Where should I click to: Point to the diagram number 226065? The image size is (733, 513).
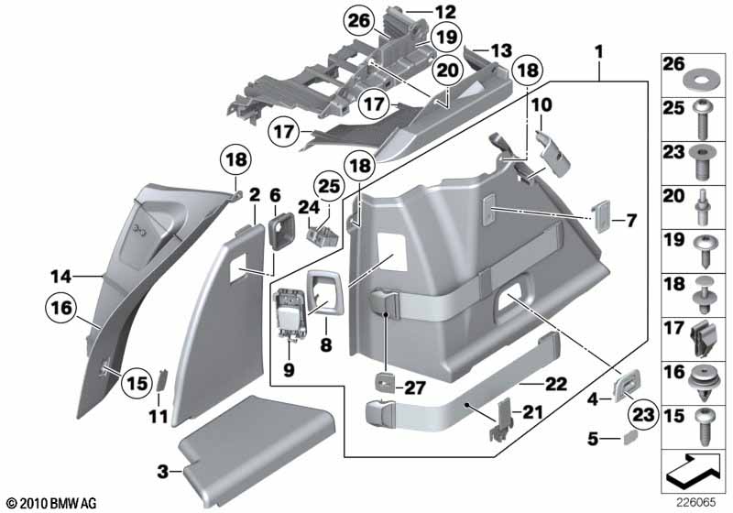coord(698,503)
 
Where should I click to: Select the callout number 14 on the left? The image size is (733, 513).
coord(60,274)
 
